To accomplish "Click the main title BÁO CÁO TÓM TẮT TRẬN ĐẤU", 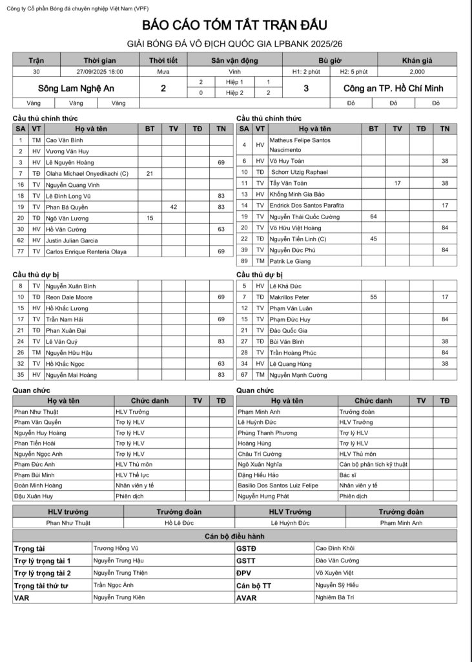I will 236,25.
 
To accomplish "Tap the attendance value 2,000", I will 416,72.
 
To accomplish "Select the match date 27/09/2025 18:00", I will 99,72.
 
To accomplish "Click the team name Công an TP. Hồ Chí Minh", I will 402,88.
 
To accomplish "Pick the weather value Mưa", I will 164,72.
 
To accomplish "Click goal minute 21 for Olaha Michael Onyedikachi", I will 150,173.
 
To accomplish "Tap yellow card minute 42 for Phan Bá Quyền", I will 174,207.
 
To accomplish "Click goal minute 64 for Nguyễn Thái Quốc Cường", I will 373,217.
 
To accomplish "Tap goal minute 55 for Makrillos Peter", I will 373,297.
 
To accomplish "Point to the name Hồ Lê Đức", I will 178,522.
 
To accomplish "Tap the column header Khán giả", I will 416,60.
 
